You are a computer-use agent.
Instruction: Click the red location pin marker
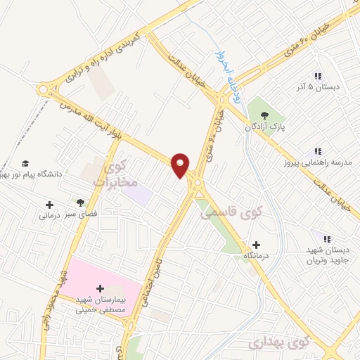[181, 165]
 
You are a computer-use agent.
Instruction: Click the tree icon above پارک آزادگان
[264, 115]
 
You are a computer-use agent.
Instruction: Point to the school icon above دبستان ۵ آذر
[317, 76]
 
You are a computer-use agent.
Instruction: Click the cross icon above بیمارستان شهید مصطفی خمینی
[100, 288]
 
